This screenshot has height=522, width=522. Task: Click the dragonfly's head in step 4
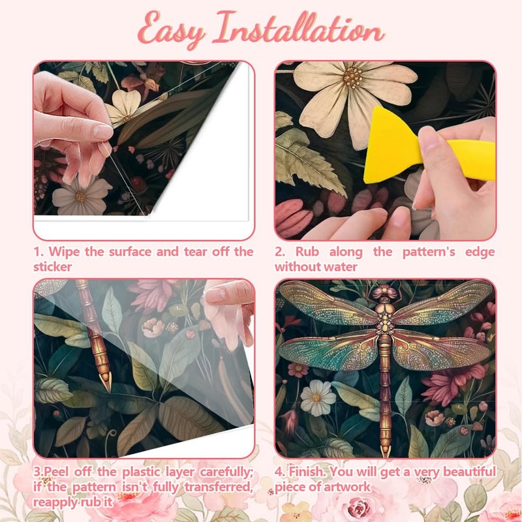coord(385,291)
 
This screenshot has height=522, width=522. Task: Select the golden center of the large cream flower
coord(352,77)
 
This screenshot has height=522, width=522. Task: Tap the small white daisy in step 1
coord(80,196)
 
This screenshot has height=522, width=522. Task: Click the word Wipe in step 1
coord(64,252)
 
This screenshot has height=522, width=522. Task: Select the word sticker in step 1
coord(52,267)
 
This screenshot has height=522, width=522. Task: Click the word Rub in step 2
coord(307,252)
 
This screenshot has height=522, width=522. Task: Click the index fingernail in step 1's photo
coord(103,132)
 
